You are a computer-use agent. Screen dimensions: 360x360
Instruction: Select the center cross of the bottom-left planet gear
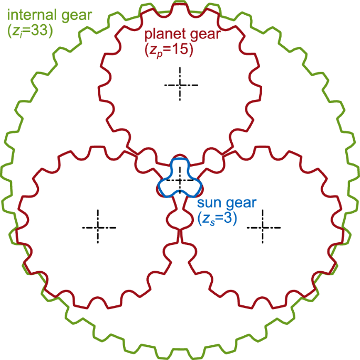[x=98, y=227]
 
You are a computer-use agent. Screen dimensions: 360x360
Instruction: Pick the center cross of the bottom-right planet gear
[x=262, y=227]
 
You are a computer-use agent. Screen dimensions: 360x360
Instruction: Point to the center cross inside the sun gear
[x=180, y=180]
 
